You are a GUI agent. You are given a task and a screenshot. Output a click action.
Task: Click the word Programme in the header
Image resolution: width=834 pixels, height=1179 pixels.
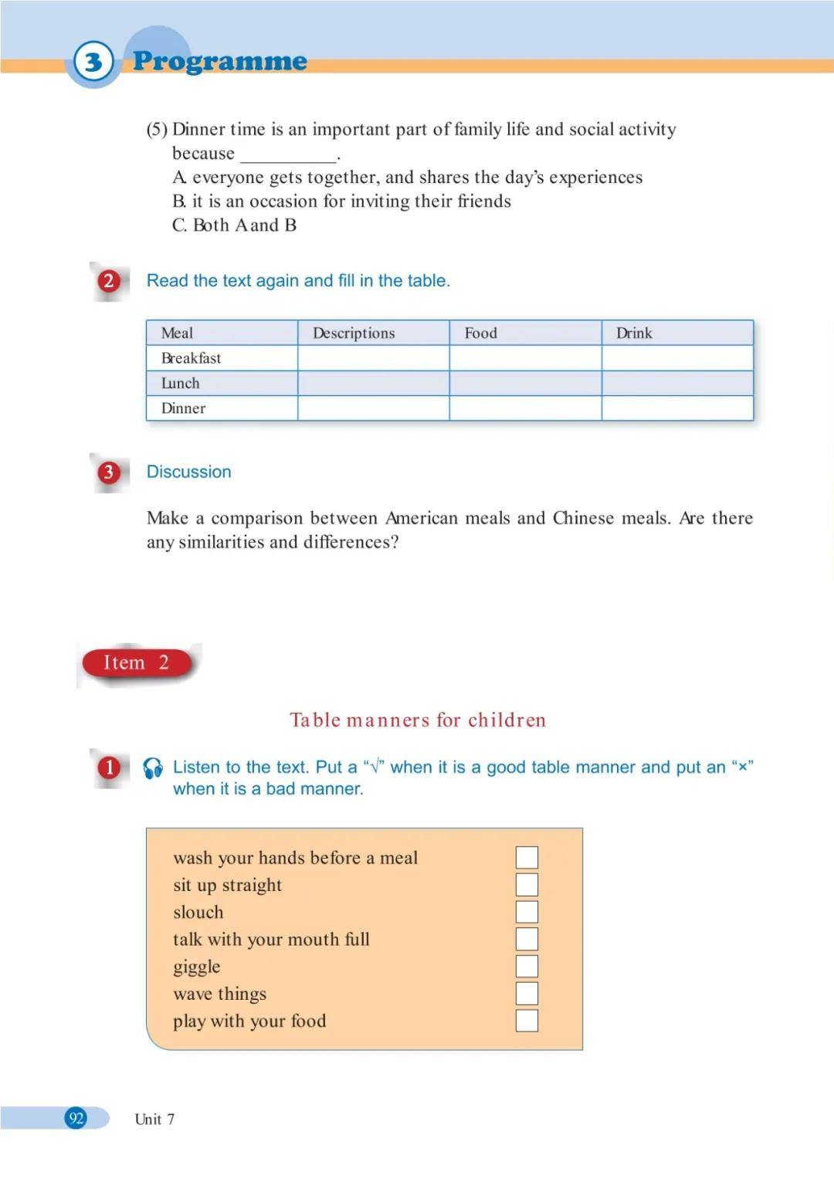pos(220,60)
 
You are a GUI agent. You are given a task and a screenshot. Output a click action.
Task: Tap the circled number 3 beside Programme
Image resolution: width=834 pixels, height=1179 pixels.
pos(93,61)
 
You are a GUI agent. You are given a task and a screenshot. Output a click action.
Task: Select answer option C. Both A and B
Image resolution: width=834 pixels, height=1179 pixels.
pos(234,225)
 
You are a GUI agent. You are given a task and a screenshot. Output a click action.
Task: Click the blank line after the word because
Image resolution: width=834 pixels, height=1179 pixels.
pos(289,154)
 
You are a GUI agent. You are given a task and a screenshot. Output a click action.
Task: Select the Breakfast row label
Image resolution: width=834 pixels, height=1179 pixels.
pos(191,358)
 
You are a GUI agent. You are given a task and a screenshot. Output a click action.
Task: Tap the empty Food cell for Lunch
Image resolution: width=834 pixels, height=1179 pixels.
pos(525,383)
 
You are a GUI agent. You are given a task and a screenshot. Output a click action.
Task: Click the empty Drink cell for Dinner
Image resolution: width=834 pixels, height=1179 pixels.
pos(676,408)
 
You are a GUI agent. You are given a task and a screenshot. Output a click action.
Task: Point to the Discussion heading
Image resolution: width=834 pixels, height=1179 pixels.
pos(188,472)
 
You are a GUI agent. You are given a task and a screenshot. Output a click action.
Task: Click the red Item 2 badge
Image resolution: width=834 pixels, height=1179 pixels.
pos(137,662)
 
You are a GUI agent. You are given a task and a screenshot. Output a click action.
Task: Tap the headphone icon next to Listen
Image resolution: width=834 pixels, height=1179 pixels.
pos(153,767)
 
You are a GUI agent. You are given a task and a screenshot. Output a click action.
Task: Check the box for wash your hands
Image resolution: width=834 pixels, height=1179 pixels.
pos(527,857)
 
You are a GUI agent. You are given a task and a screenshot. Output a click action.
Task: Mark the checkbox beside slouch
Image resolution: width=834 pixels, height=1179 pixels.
pos(527,912)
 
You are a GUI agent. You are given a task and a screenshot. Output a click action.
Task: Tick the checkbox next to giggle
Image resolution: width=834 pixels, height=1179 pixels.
pos(527,966)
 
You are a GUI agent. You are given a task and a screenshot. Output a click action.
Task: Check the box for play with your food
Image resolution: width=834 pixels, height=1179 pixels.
pos(527,1021)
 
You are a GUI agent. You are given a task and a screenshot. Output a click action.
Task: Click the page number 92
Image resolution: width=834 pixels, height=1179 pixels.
pos(76,1118)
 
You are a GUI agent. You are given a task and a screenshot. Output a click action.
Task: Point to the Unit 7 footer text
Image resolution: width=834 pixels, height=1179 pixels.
pos(154,1119)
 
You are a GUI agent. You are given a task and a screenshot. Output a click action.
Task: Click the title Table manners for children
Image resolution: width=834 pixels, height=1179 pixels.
pos(418,720)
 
